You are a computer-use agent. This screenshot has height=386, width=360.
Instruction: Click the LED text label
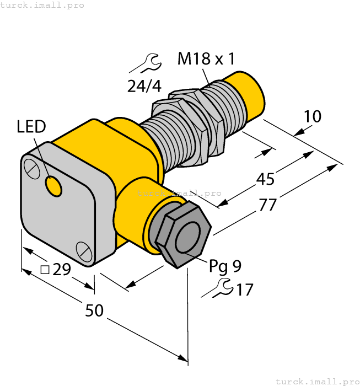coord(31,127)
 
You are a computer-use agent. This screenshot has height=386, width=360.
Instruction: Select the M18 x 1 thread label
coord(206,59)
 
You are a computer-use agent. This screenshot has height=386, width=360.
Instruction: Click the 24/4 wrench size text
coord(144,86)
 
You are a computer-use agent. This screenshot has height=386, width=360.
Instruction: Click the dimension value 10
coord(312,116)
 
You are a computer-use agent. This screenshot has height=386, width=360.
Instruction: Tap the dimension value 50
coord(94,310)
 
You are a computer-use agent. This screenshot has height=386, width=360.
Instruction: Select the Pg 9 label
coord(225,266)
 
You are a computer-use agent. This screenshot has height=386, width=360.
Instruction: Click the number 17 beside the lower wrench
coord(244,289)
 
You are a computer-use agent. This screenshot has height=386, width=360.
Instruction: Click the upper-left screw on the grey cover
coord(32,168)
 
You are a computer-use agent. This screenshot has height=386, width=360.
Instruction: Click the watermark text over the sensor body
coord(179,193)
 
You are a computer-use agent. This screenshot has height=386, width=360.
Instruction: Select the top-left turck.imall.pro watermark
coord(42,5)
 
